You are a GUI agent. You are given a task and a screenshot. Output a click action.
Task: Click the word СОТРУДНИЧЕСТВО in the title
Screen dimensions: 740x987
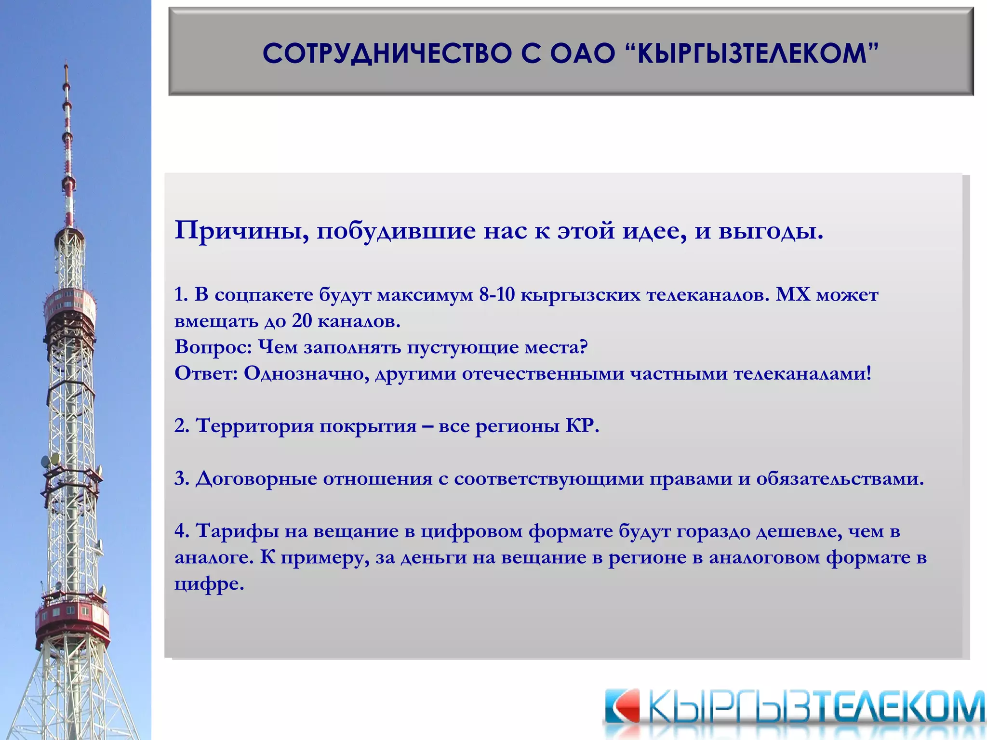386,53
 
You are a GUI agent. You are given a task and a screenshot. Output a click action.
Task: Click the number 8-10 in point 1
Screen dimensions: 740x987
497,294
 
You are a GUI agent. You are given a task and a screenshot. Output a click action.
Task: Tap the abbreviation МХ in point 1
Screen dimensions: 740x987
793,294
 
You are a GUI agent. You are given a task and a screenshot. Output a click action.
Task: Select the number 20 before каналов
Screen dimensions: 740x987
302,321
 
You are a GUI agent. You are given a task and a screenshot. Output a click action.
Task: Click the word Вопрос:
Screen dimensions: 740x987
213,347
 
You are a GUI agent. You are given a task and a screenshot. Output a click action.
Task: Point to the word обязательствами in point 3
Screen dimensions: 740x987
839,478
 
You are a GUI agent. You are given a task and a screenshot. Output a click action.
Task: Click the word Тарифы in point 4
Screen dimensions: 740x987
238,531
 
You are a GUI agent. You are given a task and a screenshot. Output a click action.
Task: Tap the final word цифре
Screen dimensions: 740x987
209,584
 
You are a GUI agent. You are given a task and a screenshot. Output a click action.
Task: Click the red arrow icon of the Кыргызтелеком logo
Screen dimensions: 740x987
622,706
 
